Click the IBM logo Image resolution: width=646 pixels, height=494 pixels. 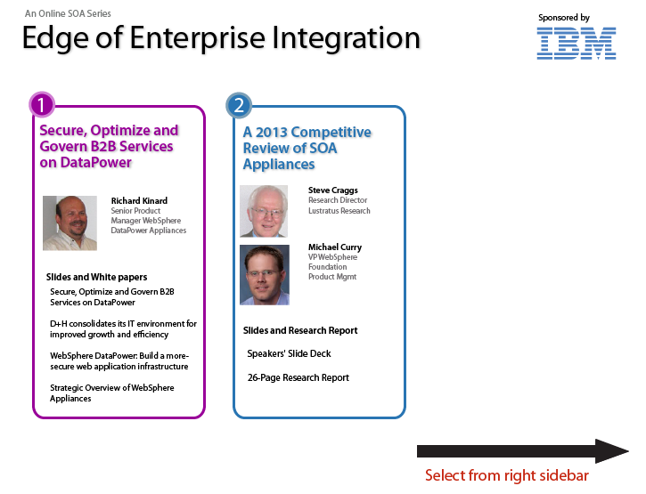pos(576,44)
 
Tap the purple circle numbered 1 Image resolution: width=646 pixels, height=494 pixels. pos(42,104)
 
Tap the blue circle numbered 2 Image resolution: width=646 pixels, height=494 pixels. pos(239,105)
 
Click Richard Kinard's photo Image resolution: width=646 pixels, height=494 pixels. pos(70,223)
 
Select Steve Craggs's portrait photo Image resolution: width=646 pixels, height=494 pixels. pos(264,211)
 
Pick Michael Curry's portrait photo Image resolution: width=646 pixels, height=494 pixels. pos(265,274)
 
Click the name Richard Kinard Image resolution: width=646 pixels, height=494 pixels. pos(139,201)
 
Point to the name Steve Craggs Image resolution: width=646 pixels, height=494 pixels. pos(333,190)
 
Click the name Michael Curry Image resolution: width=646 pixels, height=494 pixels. pos(335,247)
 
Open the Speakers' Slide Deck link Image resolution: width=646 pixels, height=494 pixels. pos(289,353)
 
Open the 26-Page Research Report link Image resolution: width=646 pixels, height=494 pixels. pos(298,377)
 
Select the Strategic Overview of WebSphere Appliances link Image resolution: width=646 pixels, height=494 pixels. pos(112,393)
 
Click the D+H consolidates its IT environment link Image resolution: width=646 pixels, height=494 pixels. pos(123,329)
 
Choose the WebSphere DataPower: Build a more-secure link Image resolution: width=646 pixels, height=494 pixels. pos(119,361)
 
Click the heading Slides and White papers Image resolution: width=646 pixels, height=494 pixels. pos(96,277)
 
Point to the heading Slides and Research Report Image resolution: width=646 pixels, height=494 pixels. pos(300,330)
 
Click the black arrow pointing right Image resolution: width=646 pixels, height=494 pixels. pos(523,451)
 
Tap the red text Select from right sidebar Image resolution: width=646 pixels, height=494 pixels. pos(507,475)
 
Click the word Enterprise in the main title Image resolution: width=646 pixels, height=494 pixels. pos(199,38)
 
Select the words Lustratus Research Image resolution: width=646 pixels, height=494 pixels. pos(339,211)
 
